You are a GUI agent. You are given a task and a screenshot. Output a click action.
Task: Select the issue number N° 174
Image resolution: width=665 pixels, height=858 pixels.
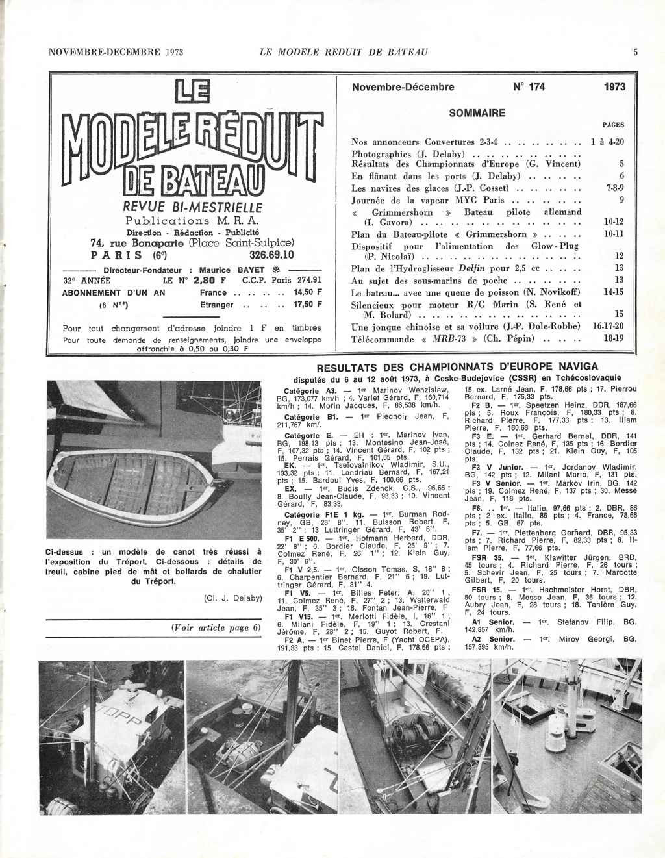click(529, 87)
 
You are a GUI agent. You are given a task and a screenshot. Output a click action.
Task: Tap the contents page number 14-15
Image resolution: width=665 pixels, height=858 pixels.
click(610, 292)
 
